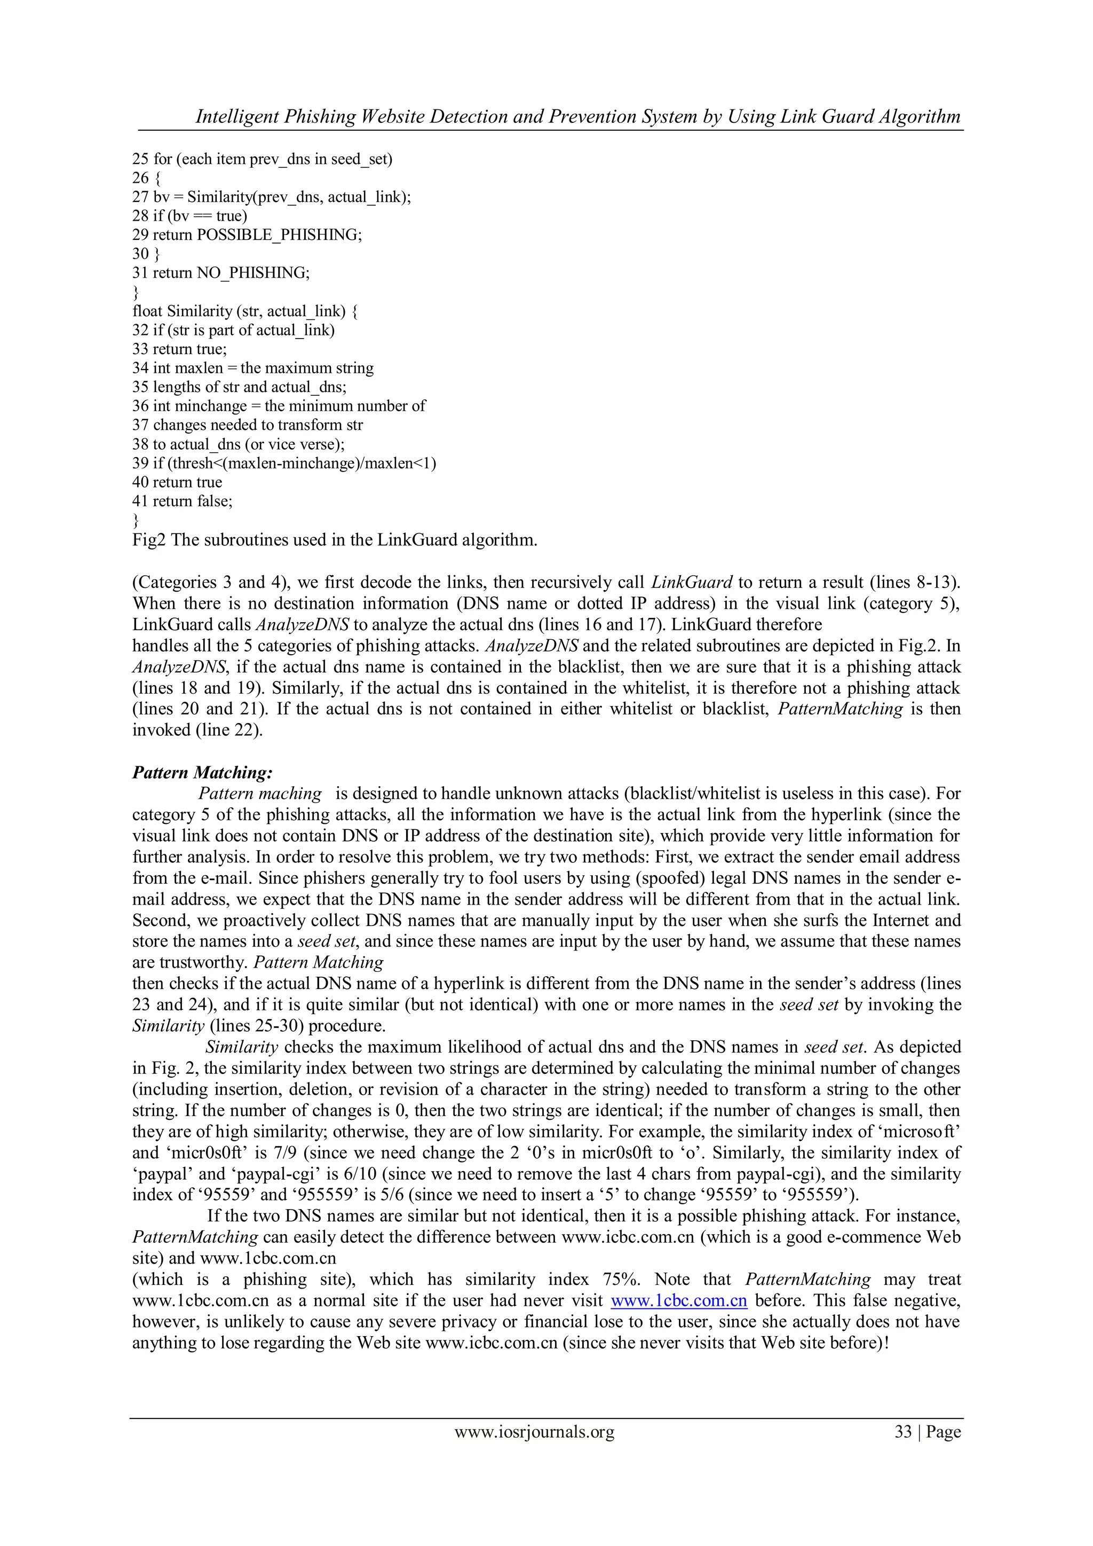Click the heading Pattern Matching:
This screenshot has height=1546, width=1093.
pos(202,772)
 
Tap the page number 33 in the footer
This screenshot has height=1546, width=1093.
pos(902,1432)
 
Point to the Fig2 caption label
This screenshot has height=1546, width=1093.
pos(149,540)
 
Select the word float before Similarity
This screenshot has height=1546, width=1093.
pos(147,311)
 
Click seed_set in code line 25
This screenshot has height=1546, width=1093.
pos(361,159)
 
